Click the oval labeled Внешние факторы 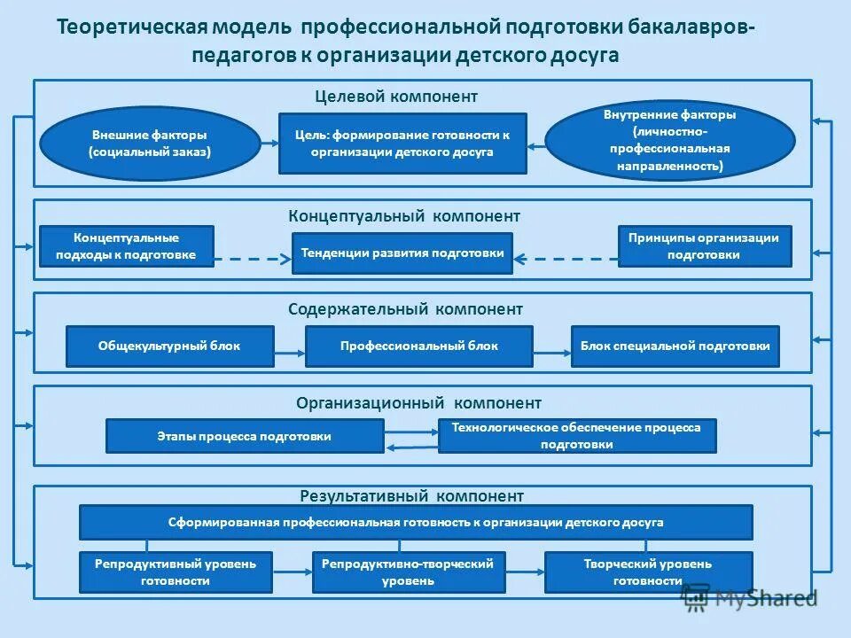tap(150, 143)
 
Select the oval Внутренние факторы tap(669, 140)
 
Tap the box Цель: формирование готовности tap(402, 143)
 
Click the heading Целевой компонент tap(396, 96)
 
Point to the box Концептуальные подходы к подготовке tap(127, 246)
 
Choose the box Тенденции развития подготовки tap(402, 253)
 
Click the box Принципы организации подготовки tap(704, 246)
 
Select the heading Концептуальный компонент tap(404, 215)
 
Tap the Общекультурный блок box tap(169, 346)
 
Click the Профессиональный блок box tap(419, 346)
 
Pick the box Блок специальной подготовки tap(675, 346)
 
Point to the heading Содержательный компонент tap(405, 309)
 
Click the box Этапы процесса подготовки tap(245, 436)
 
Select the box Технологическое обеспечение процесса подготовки tap(576, 436)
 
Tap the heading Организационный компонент tap(418, 403)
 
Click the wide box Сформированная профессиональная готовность tap(416, 522)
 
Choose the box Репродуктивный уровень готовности tap(176, 572)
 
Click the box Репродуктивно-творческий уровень tap(409, 572)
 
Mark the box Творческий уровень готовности tap(648, 572)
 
